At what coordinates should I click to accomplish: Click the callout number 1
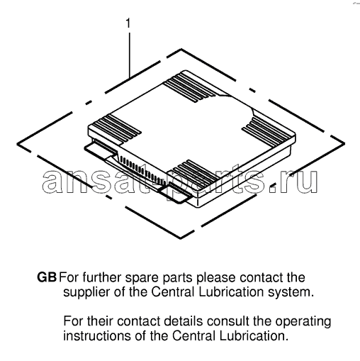coord(128,23)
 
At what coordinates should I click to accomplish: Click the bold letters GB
coord(47,277)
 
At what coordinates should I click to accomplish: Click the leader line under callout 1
coord(130,55)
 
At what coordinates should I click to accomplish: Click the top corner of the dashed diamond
coord(181,49)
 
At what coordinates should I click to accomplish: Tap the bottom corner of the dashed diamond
coord(181,238)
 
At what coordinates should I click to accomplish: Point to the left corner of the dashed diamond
coord(17,143)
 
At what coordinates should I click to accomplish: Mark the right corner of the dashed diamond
coord(344,143)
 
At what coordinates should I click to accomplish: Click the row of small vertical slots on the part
coord(142,170)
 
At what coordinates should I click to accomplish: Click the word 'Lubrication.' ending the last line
coord(254,336)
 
